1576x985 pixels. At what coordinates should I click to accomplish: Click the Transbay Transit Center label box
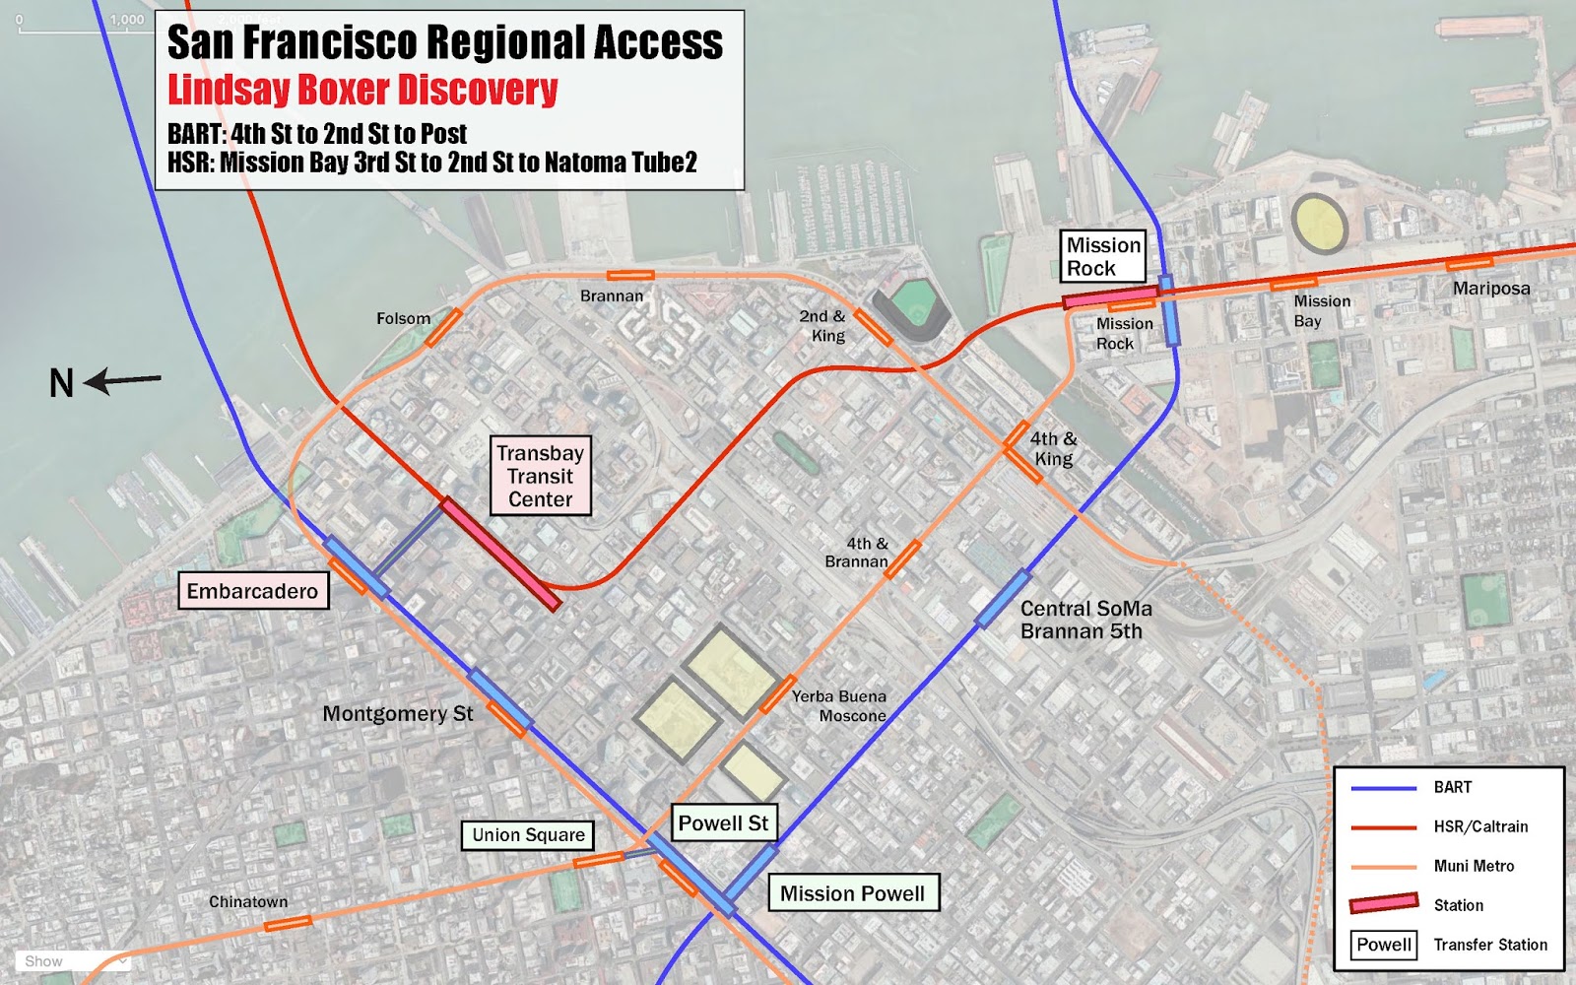tap(540, 477)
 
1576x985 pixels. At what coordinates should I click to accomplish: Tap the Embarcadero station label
tap(252, 591)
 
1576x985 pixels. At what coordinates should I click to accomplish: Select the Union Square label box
tap(528, 835)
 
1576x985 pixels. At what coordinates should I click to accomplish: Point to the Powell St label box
tap(723, 823)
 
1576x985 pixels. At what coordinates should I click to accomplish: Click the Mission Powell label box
tap(852, 893)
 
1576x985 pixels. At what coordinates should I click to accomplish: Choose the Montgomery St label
tap(398, 713)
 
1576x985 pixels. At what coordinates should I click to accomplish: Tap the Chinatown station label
tap(248, 901)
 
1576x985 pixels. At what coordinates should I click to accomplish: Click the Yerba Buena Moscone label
tap(839, 706)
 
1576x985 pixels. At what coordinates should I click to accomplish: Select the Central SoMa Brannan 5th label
tap(1084, 620)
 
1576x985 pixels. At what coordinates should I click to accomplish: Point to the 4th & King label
tap(1053, 448)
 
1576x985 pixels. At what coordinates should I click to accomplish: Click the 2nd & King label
tap(822, 326)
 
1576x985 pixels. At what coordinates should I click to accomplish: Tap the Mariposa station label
tap(1491, 289)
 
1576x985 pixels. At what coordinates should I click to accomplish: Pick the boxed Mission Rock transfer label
tap(1103, 257)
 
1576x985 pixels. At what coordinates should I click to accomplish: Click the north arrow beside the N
tap(124, 380)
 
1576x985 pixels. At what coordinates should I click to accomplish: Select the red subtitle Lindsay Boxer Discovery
tap(362, 90)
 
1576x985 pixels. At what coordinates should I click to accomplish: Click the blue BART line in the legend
tap(1383, 788)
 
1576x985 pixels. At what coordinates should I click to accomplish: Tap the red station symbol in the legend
tap(1383, 903)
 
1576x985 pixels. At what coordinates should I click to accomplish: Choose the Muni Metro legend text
tap(1474, 866)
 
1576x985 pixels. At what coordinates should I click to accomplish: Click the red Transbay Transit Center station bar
tap(500, 554)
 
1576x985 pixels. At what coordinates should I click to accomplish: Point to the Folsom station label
tap(403, 318)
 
